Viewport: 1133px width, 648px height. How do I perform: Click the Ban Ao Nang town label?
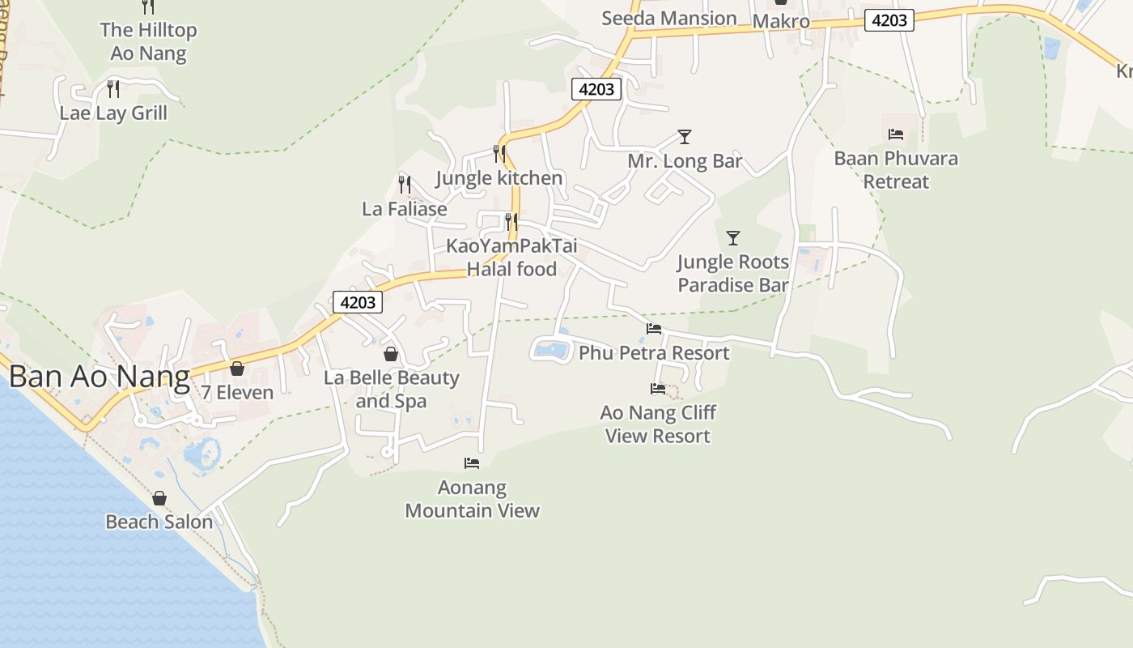pyautogui.click(x=99, y=377)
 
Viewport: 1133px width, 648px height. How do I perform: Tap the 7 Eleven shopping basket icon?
pyautogui.click(x=237, y=369)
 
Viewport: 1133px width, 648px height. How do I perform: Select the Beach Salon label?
pyautogui.click(x=159, y=522)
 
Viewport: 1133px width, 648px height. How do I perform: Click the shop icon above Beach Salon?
pyautogui.click(x=159, y=498)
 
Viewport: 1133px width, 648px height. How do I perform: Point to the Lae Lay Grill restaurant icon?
pyautogui.click(x=113, y=89)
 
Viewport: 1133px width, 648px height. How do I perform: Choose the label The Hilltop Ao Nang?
pyautogui.click(x=148, y=42)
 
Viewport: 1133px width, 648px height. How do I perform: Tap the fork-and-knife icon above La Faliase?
pyautogui.click(x=405, y=185)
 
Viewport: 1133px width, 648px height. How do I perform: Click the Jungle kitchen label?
pyautogui.click(x=499, y=178)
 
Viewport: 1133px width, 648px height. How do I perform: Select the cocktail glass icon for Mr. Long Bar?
pyautogui.click(x=685, y=137)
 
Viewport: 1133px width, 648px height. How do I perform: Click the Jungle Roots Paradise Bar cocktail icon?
pyautogui.click(x=733, y=238)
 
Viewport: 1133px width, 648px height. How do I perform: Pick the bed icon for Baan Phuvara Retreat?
pyautogui.click(x=896, y=134)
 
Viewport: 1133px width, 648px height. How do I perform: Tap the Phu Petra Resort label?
pyautogui.click(x=654, y=353)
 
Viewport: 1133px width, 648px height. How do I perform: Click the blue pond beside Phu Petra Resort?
pyautogui.click(x=551, y=350)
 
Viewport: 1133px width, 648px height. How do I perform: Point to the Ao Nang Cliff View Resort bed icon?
pyautogui.click(x=658, y=390)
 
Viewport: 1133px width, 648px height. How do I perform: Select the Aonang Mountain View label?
pyautogui.click(x=472, y=499)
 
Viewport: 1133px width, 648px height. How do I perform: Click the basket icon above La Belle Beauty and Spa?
pyautogui.click(x=391, y=355)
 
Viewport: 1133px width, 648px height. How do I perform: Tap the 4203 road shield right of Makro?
pyautogui.click(x=889, y=20)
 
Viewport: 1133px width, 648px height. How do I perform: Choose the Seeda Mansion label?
pyautogui.click(x=668, y=18)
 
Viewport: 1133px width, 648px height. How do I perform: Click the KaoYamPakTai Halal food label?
pyautogui.click(x=511, y=258)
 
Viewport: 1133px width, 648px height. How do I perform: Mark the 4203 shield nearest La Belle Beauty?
pyautogui.click(x=358, y=302)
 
